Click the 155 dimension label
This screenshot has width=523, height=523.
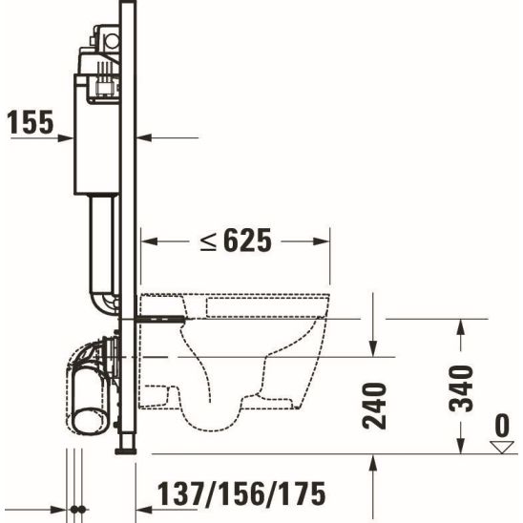coord(30,122)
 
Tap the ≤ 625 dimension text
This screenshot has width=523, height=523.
coord(236,241)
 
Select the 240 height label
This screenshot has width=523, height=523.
coord(374,406)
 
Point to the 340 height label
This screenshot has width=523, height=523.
coord(461,388)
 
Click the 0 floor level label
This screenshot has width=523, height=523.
coord(501,426)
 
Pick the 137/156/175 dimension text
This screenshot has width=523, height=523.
coord(241,494)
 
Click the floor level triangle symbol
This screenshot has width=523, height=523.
coord(502,447)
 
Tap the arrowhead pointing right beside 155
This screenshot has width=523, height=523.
coord(65,137)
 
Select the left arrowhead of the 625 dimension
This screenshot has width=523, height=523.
coord(149,241)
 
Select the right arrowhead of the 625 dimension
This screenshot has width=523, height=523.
coord(322,241)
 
